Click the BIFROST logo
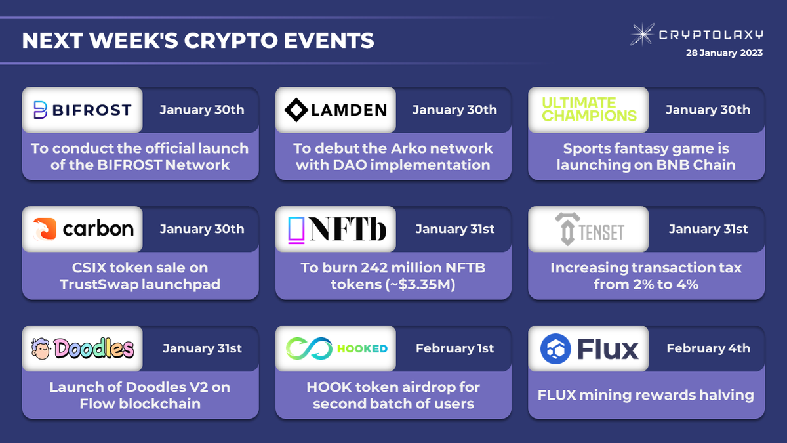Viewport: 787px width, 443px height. coord(82,110)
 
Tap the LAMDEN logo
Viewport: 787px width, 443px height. coord(335,110)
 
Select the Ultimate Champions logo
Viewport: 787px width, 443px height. coord(589,110)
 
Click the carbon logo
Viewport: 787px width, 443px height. coord(83,229)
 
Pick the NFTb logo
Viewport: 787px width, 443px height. coord(336,229)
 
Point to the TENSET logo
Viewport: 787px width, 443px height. coord(589,229)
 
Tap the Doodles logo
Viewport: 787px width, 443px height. coord(83,348)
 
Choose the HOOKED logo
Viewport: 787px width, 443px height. coord(336,348)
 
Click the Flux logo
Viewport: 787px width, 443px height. coord(589,348)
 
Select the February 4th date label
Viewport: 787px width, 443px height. coord(708,348)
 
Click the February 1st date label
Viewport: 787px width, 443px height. coord(454,348)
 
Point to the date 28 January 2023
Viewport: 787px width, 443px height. coord(723,53)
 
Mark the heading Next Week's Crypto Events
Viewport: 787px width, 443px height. coord(198,41)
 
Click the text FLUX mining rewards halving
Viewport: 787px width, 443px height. coord(646,395)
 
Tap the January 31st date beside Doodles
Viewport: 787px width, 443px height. coord(202,348)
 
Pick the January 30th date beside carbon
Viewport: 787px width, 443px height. coord(202,229)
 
